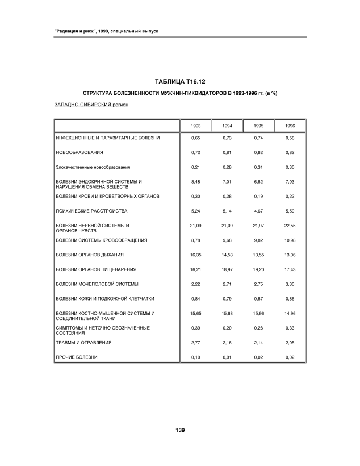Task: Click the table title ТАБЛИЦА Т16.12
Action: pos(179,82)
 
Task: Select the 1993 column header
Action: pos(195,126)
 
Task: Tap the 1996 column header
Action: pos(290,126)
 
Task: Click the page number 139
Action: pos(180,430)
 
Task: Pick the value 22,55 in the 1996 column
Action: pos(290,226)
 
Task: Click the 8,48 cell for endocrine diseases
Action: pos(195,182)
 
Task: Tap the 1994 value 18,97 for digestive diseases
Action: pos(227,269)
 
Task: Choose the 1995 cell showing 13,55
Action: pos(258,255)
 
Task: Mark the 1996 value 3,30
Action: pos(290,284)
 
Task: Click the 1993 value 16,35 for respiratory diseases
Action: pos(195,255)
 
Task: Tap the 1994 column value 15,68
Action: pos(227,313)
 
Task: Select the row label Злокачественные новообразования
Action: pos(93,167)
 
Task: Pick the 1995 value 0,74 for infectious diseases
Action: pos(258,138)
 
